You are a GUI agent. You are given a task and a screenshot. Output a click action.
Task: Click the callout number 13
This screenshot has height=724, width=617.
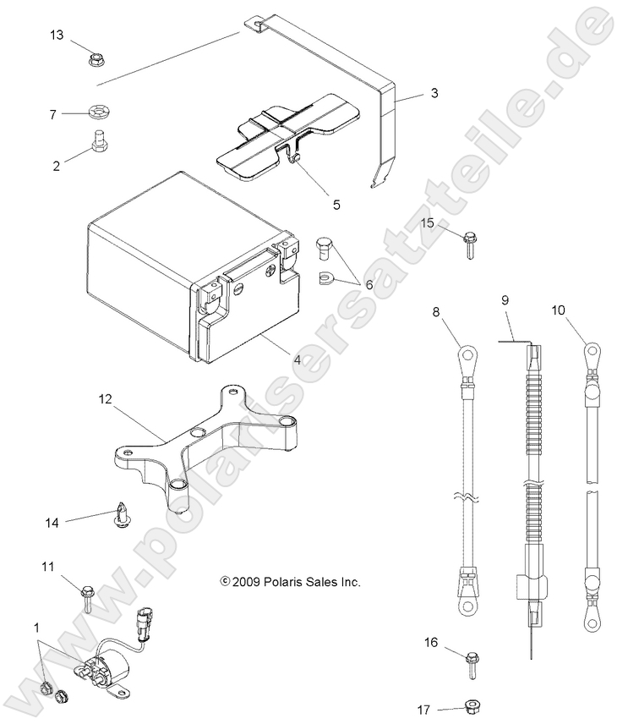[x=57, y=35]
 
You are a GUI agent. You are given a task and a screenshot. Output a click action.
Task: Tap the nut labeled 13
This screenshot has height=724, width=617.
[x=96, y=60]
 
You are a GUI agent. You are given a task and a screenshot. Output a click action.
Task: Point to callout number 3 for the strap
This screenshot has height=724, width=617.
[x=434, y=94]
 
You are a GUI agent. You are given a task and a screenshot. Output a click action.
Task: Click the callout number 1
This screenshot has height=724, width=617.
[x=35, y=628]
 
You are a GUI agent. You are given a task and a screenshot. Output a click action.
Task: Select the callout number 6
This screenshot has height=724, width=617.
[x=369, y=286]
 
